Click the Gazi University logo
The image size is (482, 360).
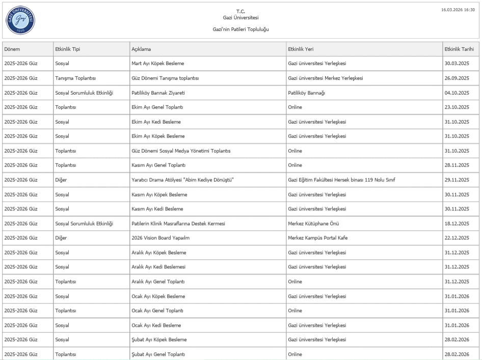click(x=21, y=20)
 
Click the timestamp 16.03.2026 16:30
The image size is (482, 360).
click(x=458, y=10)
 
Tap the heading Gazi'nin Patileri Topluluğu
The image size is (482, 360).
click(x=240, y=29)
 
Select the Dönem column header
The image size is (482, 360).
click(x=12, y=49)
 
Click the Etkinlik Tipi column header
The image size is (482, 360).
click(x=67, y=49)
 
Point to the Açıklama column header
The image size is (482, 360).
click(x=141, y=49)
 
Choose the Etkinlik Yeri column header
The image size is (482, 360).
click(x=301, y=49)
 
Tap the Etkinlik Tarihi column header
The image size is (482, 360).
click(x=459, y=49)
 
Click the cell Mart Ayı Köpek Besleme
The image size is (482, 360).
click(x=157, y=64)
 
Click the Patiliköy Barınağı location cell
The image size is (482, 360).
click(x=306, y=93)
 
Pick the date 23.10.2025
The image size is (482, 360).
click(x=457, y=107)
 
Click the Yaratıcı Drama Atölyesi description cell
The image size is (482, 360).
click(x=182, y=180)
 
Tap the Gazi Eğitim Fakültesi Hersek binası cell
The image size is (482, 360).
click(x=341, y=180)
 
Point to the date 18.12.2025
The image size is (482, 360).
click(x=457, y=224)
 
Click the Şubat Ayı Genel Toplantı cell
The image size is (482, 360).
click(x=158, y=354)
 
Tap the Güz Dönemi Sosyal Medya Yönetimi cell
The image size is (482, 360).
click(x=181, y=151)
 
